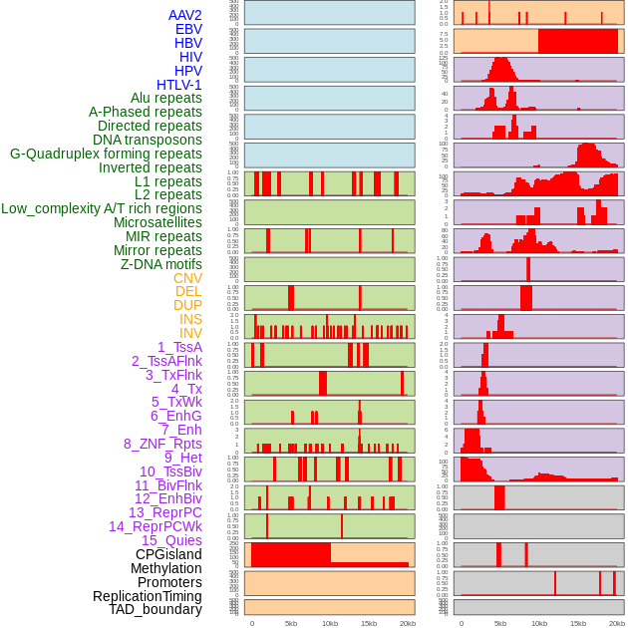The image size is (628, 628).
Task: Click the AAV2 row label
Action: [x=184, y=15]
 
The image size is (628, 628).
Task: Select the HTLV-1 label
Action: [x=178, y=85]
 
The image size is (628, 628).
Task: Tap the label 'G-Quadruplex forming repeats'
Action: [x=106, y=154]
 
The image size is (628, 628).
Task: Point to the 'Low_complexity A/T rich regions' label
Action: [x=102, y=208]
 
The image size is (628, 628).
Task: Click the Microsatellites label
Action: [x=157, y=222]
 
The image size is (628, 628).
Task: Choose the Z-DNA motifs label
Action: [x=161, y=264]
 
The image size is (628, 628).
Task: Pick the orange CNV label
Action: [x=187, y=278]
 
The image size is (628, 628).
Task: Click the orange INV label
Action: [x=190, y=333]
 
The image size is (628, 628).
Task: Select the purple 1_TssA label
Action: [x=179, y=347]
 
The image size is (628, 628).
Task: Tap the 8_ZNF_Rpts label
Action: [x=162, y=444]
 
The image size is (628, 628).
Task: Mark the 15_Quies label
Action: [x=171, y=540]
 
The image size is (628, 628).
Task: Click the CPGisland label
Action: [x=168, y=554]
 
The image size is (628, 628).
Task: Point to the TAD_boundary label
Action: [x=156, y=609]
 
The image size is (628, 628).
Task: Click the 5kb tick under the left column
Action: [x=291, y=623]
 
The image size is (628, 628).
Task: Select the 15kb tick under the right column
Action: [x=578, y=623]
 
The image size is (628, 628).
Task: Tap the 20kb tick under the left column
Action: [x=408, y=623]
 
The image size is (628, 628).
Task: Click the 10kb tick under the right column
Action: [x=539, y=623]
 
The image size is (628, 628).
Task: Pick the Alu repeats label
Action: [x=166, y=98]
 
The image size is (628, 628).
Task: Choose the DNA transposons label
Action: [x=148, y=140]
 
